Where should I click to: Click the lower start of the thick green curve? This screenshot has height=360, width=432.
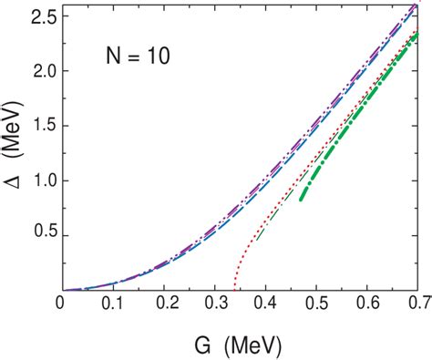click(301, 200)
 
